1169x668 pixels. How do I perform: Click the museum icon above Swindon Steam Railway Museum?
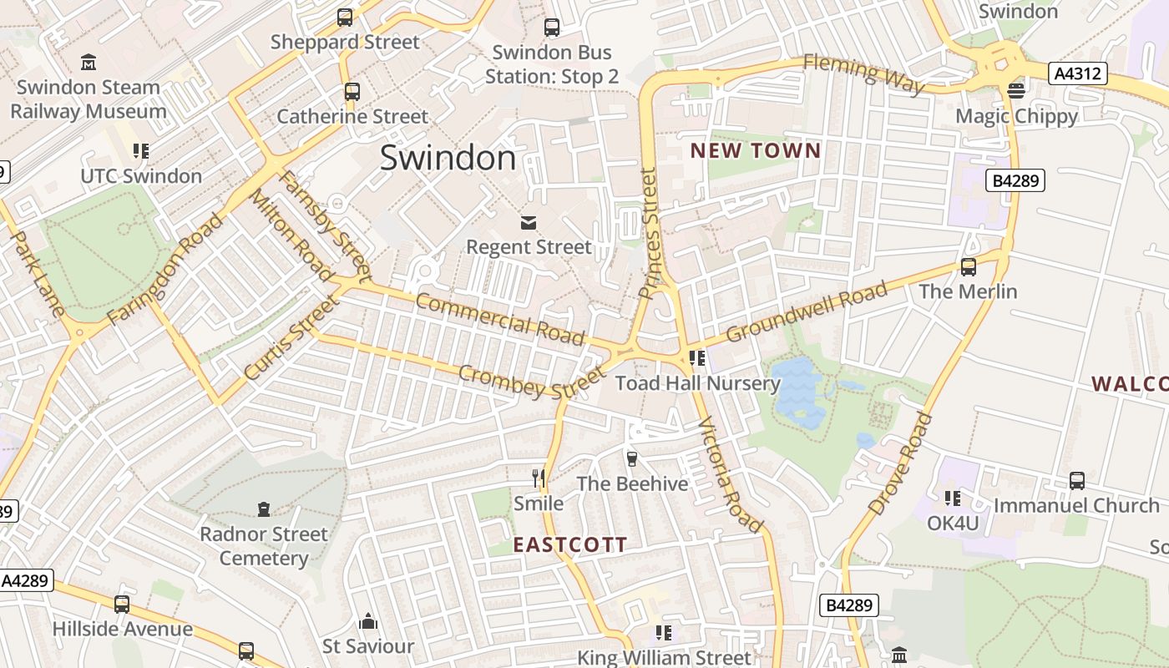coord(88,62)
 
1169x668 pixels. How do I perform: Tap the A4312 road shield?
coord(1077,73)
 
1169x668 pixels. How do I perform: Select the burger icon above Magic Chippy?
coord(1016,90)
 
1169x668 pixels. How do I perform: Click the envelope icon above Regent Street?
coord(529,222)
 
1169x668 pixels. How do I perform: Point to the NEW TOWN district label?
coord(756,151)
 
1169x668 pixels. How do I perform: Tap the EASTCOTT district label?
coord(569,545)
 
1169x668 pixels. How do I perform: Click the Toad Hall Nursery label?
coord(697,383)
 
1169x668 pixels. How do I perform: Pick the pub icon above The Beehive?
coord(632,458)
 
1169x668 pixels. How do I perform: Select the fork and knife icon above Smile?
coord(539,478)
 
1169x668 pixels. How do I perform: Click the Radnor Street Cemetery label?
coord(264,546)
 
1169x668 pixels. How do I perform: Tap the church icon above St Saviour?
coord(368,621)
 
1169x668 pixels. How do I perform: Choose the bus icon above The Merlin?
coord(968,267)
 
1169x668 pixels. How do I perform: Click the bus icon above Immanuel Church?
coord(1077,481)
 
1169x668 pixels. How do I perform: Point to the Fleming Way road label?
coord(863,73)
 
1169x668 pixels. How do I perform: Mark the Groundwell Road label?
coord(806,312)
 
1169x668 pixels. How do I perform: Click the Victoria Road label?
coord(729,474)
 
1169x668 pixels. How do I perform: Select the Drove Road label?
coord(899,463)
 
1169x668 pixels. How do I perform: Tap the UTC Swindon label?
coord(141,176)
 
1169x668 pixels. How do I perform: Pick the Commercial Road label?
coord(499,318)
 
